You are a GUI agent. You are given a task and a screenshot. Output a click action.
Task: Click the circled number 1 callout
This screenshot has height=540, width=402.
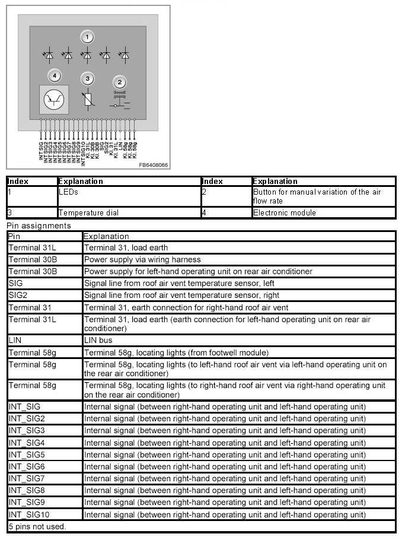tap(88, 37)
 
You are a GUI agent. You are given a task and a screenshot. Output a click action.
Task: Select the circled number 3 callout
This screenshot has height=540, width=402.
tap(88, 78)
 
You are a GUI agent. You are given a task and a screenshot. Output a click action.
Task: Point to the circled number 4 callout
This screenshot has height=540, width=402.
tap(55, 76)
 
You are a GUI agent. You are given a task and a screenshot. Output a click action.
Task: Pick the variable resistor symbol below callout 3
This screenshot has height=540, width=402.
tap(88, 99)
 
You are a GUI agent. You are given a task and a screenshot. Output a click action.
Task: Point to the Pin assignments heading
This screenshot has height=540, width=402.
tap(39, 225)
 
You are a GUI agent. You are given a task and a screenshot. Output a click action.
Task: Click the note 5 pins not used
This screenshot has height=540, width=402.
tap(37, 526)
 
